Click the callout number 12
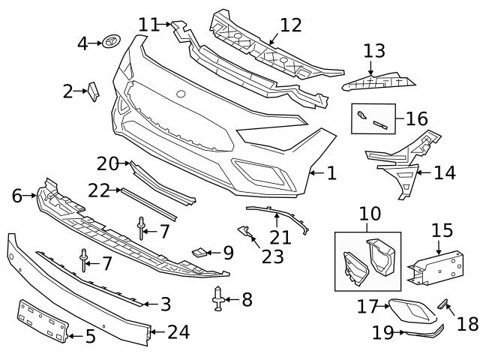tap(290, 25)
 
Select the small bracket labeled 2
tap(94, 91)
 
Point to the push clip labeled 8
tap(218, 300)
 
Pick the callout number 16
tap(416, 118)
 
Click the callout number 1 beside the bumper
tap(331, 174)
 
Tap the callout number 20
tap(108, 163)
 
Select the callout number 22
tap(99, 190)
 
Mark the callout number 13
tap(374, 52)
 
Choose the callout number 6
tap(16, 196)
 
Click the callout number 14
tap(444, 173)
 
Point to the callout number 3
tap(166, 304)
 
